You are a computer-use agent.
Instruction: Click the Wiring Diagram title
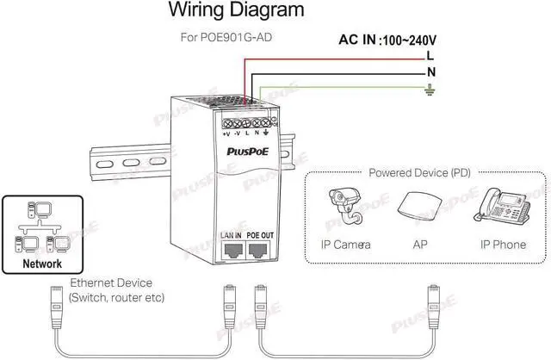pos(235,11)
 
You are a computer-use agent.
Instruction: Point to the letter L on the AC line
pos(430,55)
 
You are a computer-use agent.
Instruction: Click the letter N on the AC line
pos(430,72)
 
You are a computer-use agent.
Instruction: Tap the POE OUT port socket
pos(258,250)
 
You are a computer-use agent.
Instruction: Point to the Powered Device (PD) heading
pos(419,172)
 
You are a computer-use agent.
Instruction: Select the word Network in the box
pos(42,264)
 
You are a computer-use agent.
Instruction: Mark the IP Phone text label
pos(503,245)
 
